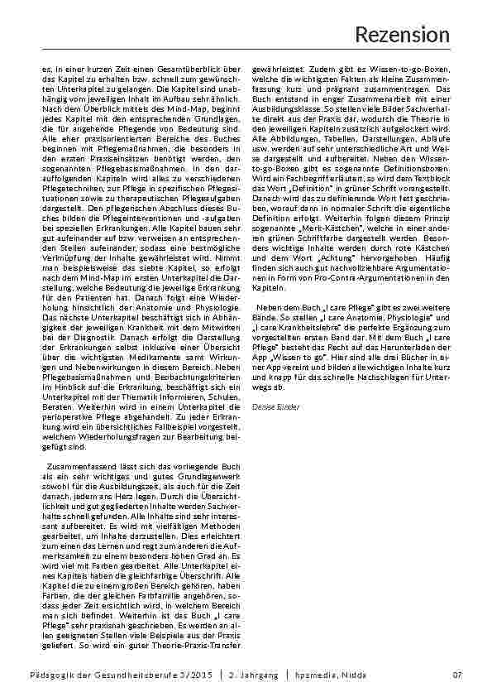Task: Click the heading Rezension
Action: coord(402,34)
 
